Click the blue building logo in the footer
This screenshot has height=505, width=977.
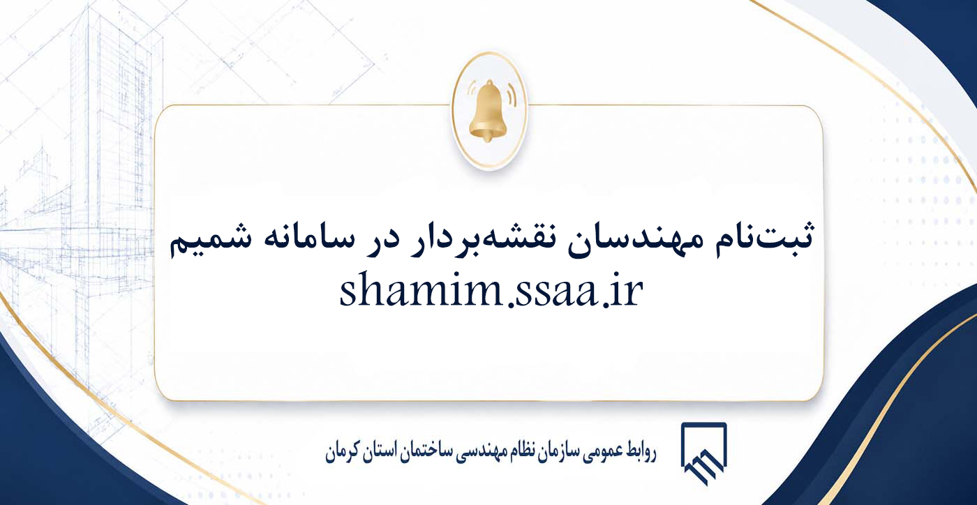pos(704,453)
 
